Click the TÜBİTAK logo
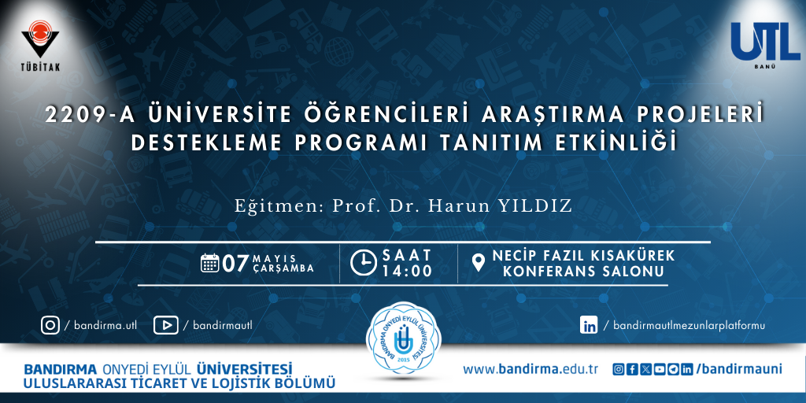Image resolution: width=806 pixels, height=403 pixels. pos(40,45)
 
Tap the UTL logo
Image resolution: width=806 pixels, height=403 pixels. pos(765,45)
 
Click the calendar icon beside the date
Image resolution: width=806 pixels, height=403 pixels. pos(209,263)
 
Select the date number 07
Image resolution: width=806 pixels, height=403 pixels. pos(236,263)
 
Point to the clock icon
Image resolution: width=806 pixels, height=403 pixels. pos(364,262)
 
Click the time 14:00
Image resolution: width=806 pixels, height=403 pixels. pos(407,271)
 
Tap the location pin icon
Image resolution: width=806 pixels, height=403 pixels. pos(479,263)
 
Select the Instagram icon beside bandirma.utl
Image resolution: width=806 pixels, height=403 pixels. pos(50,325)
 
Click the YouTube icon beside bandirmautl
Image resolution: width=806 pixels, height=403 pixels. pos(165,325)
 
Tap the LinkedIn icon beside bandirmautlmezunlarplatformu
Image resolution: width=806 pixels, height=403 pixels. pos(589,325)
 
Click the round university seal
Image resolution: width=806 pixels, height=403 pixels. pos(402,342)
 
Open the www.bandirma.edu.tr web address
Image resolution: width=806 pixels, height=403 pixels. pos(530,369)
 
